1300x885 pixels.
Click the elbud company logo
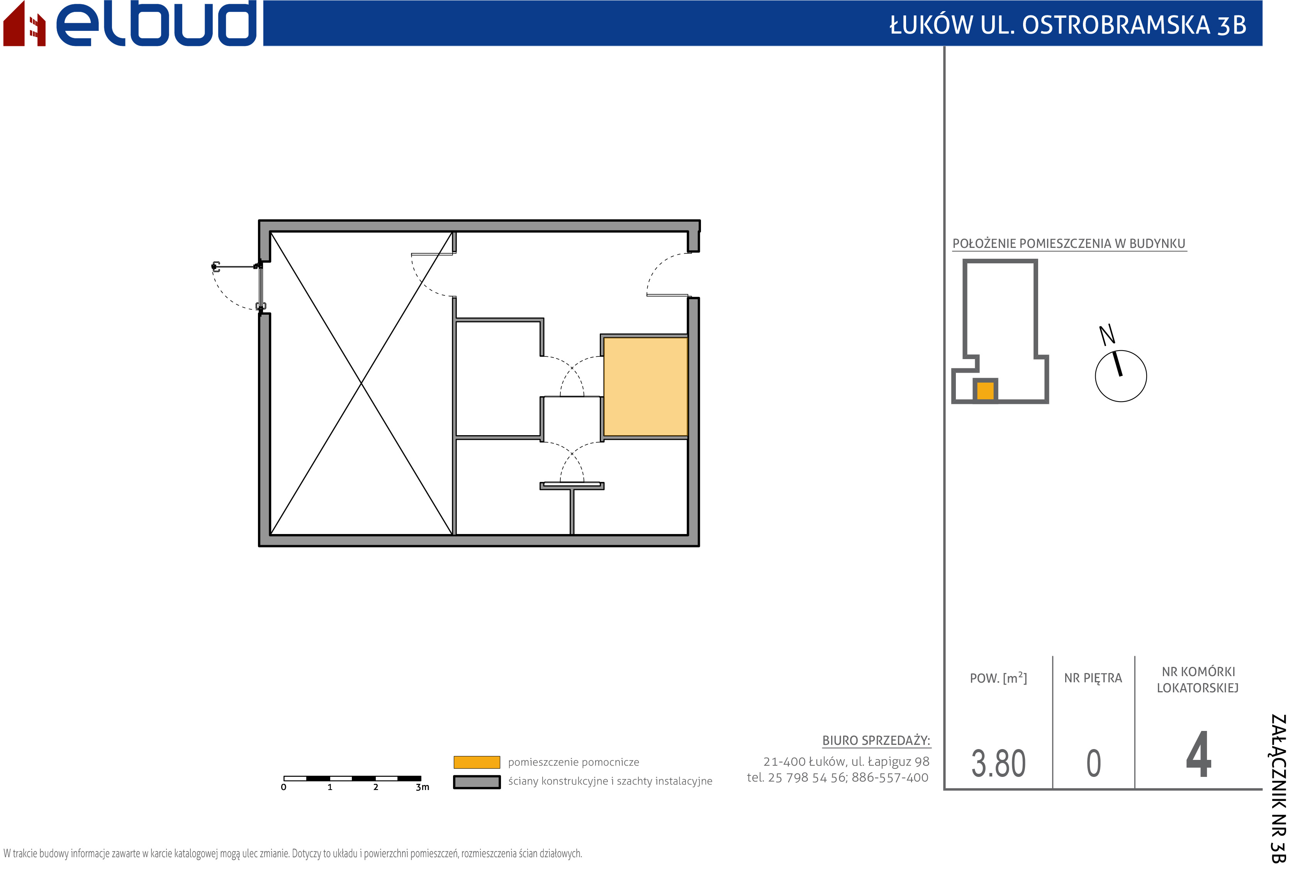pyautogui.click(x=130, y=24)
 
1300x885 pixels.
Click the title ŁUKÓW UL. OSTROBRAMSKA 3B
pyautogui.click(x=1068, y=25)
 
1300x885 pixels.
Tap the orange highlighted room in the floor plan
pyautogui.click(x=645, y=387)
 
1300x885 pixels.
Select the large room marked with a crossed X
pyautogui.click(x=361, y=383)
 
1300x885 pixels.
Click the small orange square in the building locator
pyautogui.click(x=985, y=390)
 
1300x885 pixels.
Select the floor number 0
pyautogui.click(x=1094, y=764)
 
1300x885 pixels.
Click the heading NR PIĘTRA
pyautogui.click(x=1093, y=678)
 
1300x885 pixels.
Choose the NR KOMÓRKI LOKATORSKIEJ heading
pyautogui.click(x=1198, y=680)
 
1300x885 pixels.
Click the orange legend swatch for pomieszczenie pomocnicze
pyautogui.click(x=477, y=762)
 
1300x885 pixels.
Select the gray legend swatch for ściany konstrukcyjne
pyautogui.click(x=477, y=782)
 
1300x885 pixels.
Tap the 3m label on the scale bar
pyautogui.click(x=423, y=787)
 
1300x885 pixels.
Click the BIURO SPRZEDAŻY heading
pyautogui.click(x=876, y=741)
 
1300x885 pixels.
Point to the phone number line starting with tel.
pyautogui.click(x=837, y=778)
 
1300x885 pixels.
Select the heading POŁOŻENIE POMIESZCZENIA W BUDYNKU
pyautogui.click(x=1069, y=244)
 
